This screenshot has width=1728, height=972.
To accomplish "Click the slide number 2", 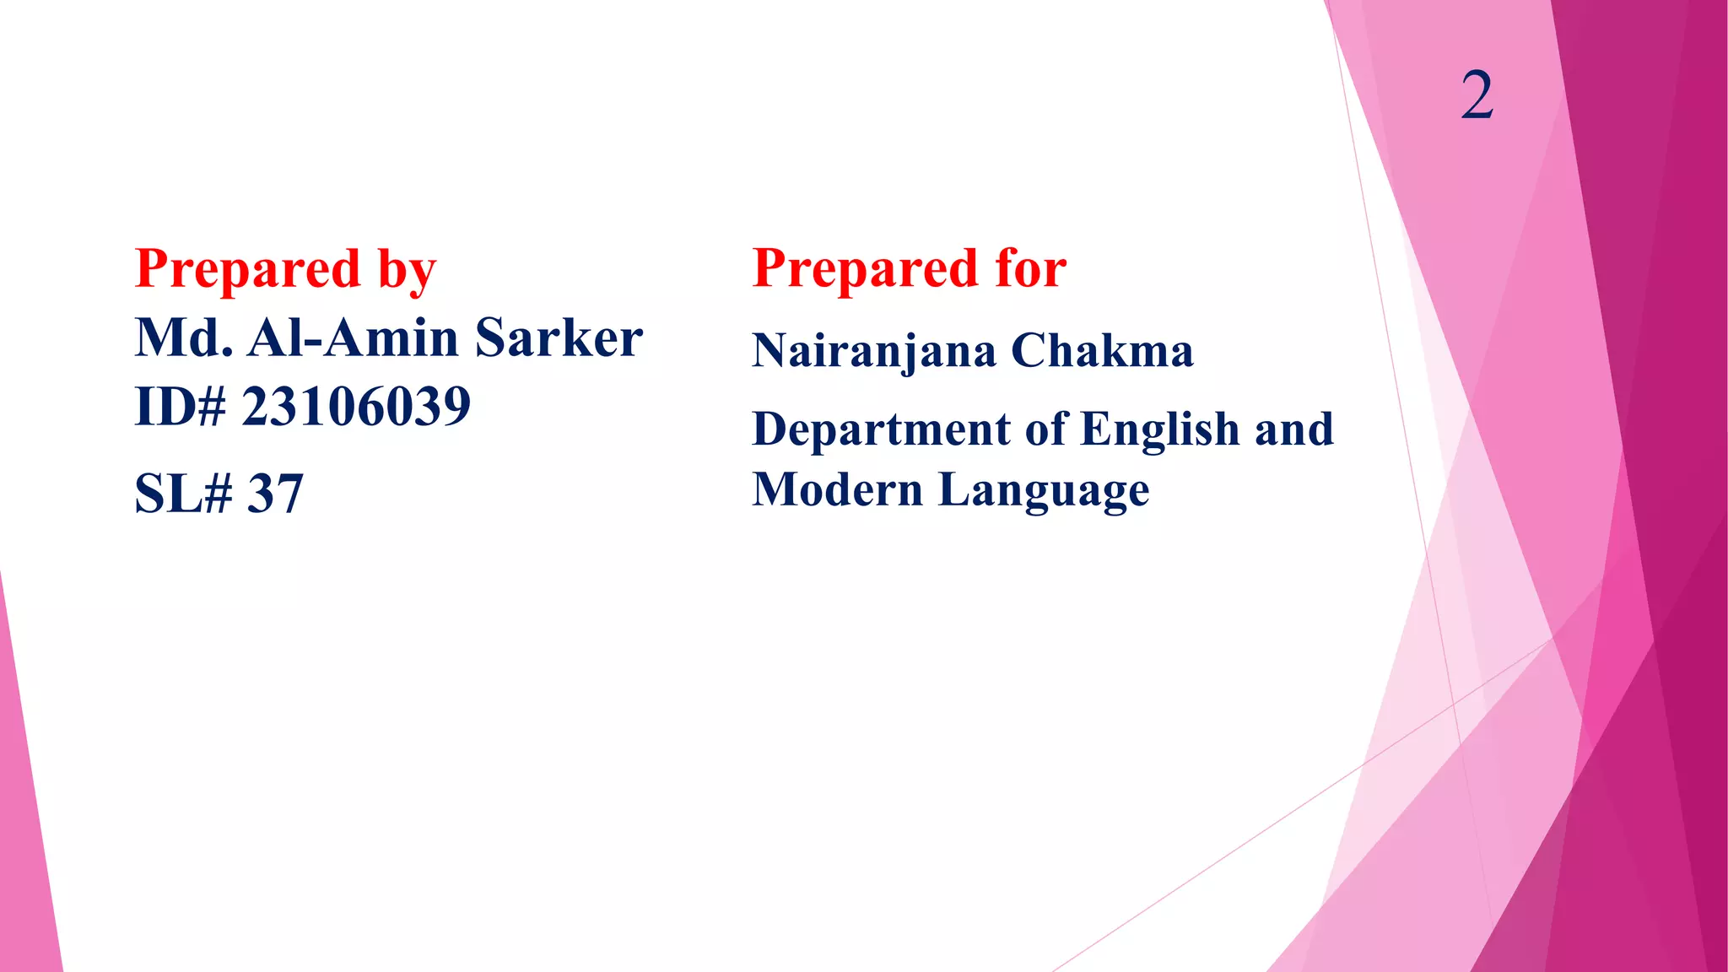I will pyautogui.click(x=1477, y=95).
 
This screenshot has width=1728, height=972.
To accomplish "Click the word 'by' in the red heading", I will pyautogui.click(x=407, y=271).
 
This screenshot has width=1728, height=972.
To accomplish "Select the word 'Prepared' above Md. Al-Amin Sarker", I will pyautogui.click(x=248, y=271).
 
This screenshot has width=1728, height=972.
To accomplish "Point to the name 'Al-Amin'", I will pyautogui.click(x=353, y=338).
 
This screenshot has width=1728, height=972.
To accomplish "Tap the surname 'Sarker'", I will pyautogui.click(x=559, y=338).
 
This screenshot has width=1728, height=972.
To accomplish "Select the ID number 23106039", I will pyautogui.click(x=356, y=407).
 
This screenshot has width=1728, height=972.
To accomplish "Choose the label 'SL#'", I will pyautogui.click(x=183, y=494).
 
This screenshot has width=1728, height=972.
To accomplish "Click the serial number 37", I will pyautogui.click(x=275, y=494).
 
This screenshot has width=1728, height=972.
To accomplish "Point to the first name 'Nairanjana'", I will pyautogui.click(x=873, y=351).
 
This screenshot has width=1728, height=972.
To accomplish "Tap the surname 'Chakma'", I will pyautogui.click(x=1102, y=351).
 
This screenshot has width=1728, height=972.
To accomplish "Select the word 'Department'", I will pyautogui.click(x=881, y=430).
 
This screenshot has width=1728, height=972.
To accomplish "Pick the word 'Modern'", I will pyautogui.click(x=837, y=489).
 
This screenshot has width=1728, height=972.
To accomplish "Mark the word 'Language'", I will pyautogui.click(x=1044, y=491).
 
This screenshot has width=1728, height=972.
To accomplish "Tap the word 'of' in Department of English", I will pyautogui.click(x=1046, y=429).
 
